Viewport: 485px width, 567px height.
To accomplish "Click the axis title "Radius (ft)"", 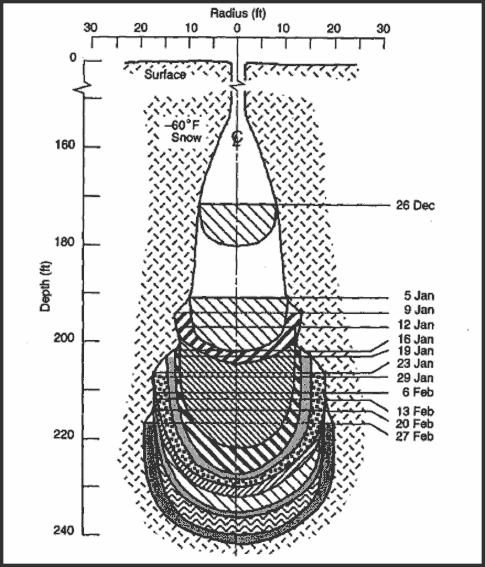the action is pyautogui.click(x=239, y=13).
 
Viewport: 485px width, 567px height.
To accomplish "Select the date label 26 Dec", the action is pyautogui.click(x=415, y=206).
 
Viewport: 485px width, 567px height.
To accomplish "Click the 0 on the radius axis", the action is pyautogui.click(x=238, y=28).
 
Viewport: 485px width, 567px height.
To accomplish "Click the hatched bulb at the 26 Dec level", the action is pyautogui.click(x=237, y=223).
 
